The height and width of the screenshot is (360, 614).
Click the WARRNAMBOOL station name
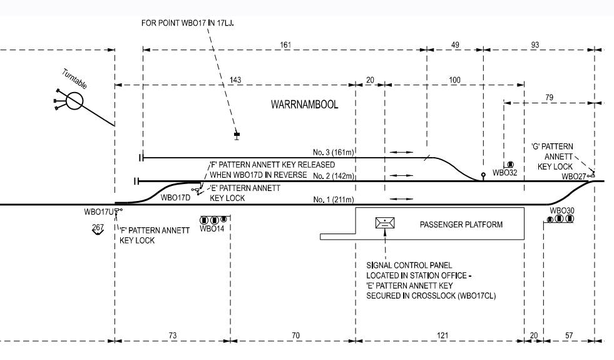coord(304,105)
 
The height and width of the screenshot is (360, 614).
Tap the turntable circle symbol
coord(74,101)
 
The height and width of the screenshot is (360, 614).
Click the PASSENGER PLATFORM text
coord(461,224)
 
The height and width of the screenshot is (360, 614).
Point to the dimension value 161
coord(285,45)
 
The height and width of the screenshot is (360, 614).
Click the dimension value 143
coord(235,80)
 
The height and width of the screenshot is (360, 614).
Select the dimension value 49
coord(455,45)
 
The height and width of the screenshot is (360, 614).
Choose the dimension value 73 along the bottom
coord(173,336)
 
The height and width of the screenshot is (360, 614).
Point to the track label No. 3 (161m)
coord(334,152)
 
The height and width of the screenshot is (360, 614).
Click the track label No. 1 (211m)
coord(334,200)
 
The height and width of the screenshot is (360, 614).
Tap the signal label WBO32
coord(504,172)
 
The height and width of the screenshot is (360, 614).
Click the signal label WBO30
coord(562,210)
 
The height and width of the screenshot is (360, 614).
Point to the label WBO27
coord(574,177)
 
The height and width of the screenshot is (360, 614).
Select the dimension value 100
coord(454,80)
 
